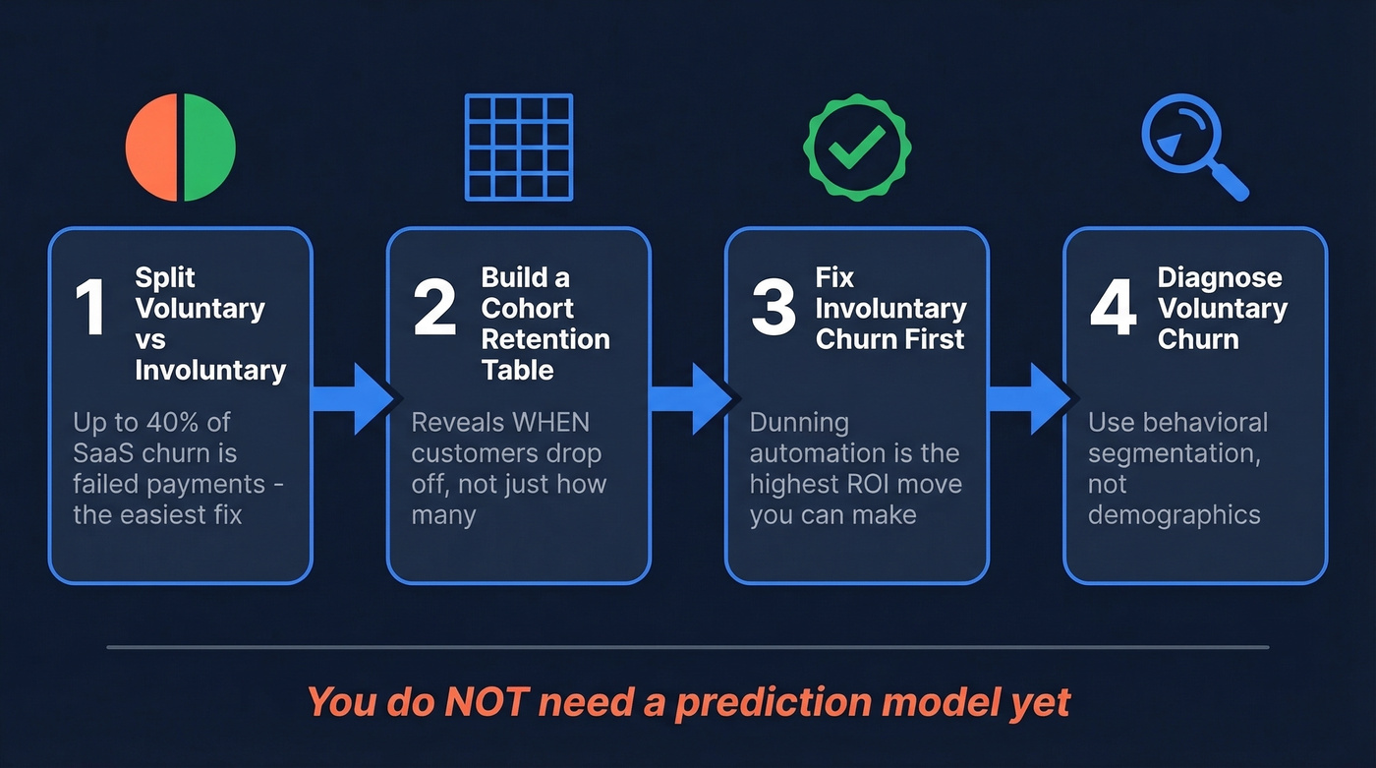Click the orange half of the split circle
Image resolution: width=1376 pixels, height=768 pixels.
pos(151,148)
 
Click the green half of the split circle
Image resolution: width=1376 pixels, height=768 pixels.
pos(209,148)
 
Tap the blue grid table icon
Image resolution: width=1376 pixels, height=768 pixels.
pos(518,147)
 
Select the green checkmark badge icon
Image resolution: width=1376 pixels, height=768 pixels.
pos(856,148)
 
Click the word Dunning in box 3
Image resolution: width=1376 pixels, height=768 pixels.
pos(799,423)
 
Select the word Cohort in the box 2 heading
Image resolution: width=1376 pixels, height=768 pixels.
pos(527,309)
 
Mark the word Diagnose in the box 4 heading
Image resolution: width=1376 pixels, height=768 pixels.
pos(1220,278)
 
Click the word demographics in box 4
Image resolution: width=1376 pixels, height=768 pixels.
pos(1174,515)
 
